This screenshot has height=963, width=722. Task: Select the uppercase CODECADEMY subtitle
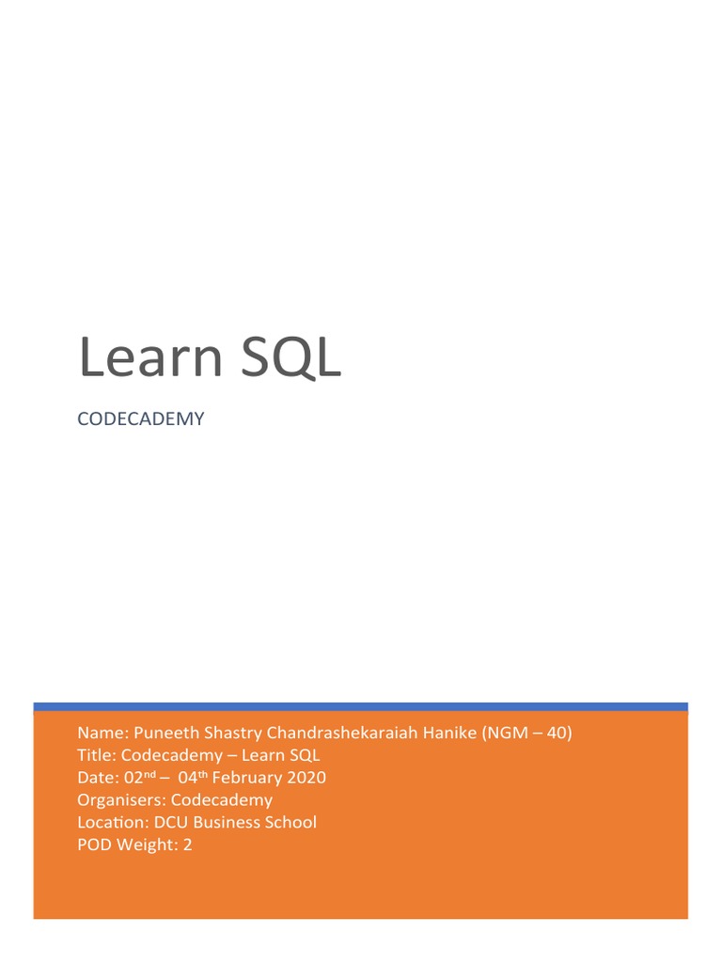point(140,419)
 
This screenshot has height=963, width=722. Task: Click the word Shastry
point(230,734)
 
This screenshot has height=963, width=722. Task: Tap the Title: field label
point(97,756)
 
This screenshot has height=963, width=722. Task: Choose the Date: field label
point(97,778)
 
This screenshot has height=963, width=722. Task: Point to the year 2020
point(306,778)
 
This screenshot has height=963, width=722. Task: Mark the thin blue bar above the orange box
point(361,706)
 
